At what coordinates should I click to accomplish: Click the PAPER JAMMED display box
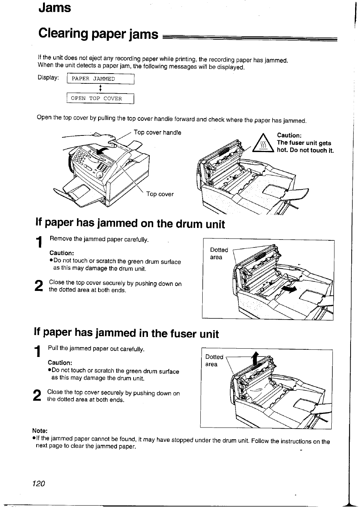(x=100, y=79)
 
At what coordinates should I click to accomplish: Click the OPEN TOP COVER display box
(x=100, y=98)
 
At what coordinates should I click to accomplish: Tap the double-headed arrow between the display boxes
(x=100, y=89)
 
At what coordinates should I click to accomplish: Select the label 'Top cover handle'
(x=157, y=133)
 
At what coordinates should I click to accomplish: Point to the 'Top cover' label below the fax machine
(x=160, y=194)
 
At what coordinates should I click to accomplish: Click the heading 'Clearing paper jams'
(x=98, y=34)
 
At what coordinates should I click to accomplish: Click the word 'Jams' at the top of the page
(x=54, y=8)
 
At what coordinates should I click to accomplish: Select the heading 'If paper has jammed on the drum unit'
(x=130, y=224)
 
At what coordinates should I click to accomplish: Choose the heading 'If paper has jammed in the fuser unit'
(x=126, y=333)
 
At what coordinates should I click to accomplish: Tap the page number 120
(x=39, y=484)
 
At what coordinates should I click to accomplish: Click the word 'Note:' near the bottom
(x=40, y=431)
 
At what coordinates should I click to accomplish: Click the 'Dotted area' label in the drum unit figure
(x=219, y=254)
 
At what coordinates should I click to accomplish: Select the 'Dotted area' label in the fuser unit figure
(x=214, y=360)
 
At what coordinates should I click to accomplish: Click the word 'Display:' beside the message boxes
(x=48, y=78)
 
